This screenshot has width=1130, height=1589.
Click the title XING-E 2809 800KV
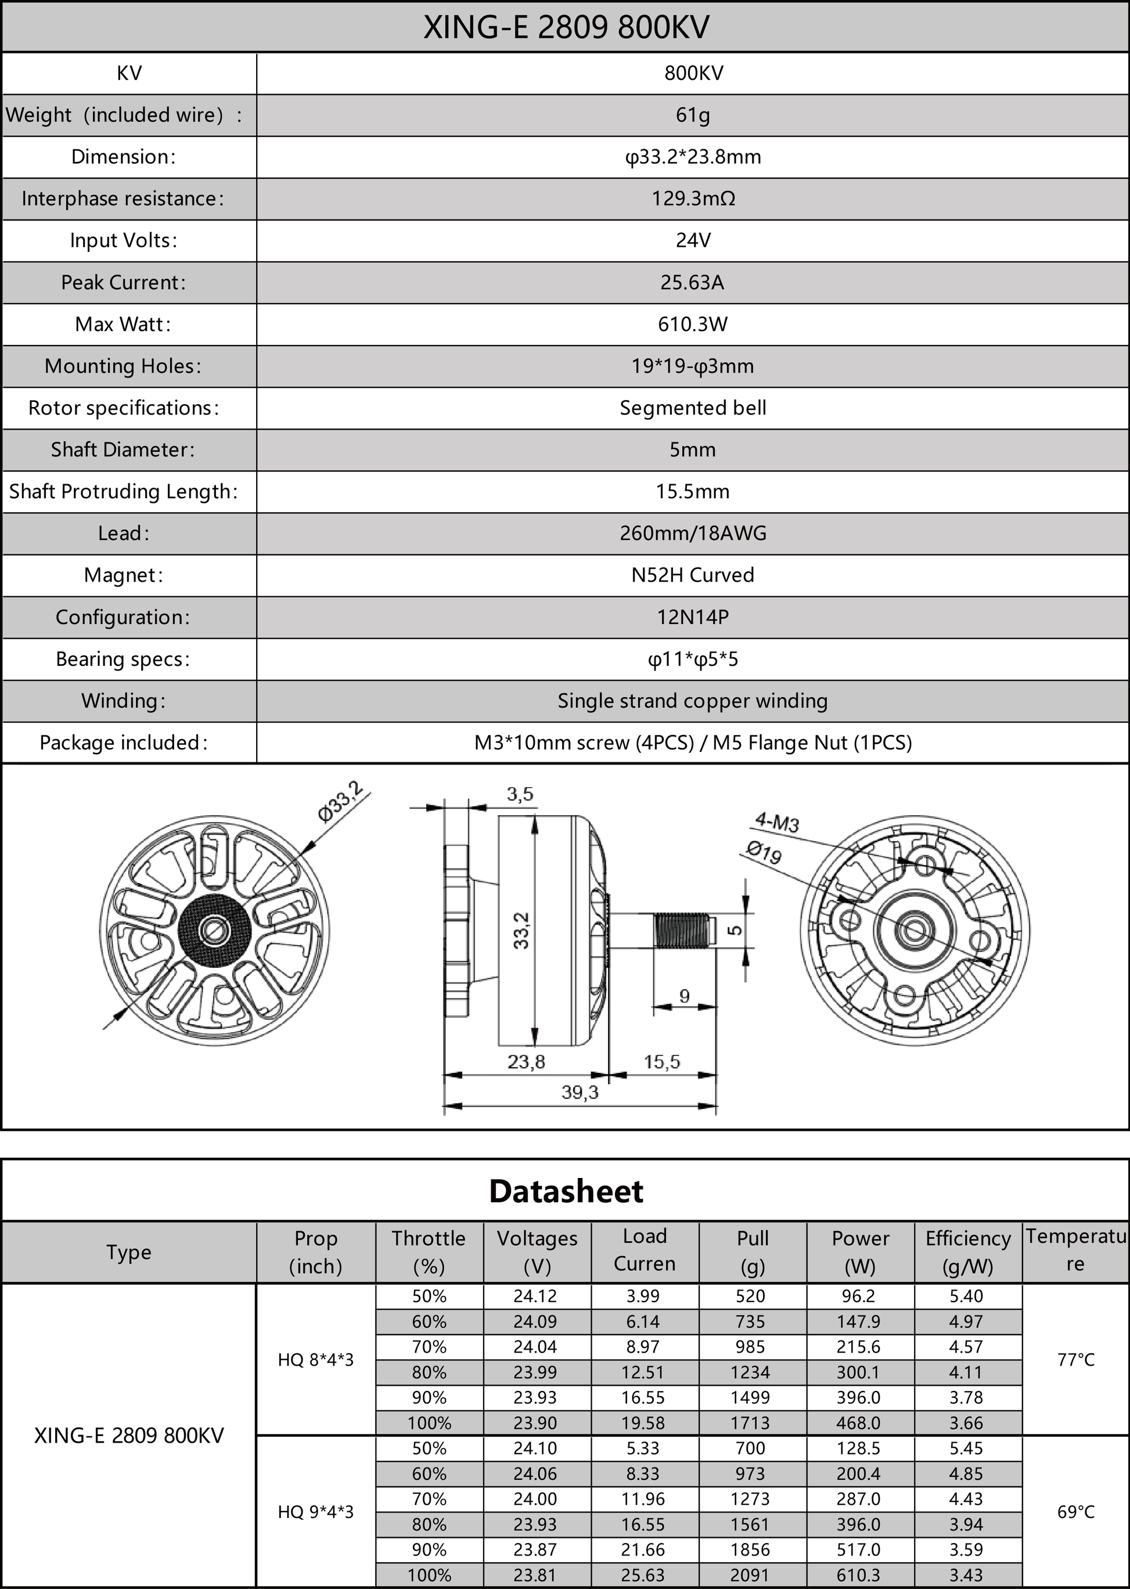[566, 28]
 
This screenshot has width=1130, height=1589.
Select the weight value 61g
[692, 115]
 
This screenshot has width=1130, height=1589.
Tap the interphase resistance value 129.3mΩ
[692, 199]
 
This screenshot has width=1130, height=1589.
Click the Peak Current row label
[123, 283]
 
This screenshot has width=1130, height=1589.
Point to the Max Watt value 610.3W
[692, 324]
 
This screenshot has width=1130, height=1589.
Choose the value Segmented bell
[692, 408]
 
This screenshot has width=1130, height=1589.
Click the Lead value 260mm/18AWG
[692, 533]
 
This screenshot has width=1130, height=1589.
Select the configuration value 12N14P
[692, 617]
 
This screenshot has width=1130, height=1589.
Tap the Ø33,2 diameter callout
[340, 801]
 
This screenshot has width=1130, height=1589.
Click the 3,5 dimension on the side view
[519, 794]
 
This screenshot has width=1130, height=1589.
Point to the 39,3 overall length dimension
[580, 1092]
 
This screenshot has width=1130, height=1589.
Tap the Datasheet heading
[566, 1191]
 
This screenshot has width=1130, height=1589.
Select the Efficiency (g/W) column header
[967, 1252]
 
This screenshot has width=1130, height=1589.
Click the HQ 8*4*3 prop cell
[315, 1360]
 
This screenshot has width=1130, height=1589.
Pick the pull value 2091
[750, 1575]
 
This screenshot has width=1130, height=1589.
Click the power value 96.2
[859, 1296]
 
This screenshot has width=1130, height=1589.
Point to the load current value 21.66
[643, 1550]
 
